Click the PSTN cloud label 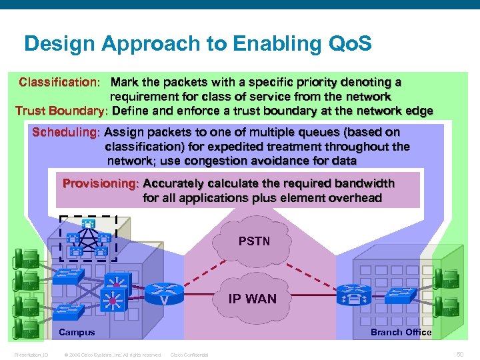click(254, 241)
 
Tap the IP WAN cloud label click(252, 299)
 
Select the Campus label click(77, 332)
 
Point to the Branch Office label click(401, 332)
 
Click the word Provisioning click(101, 183)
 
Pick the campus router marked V click(163, 294)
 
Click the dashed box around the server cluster click(88, 238)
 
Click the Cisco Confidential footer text click(189, 355)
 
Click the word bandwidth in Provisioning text click(363, 183)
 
